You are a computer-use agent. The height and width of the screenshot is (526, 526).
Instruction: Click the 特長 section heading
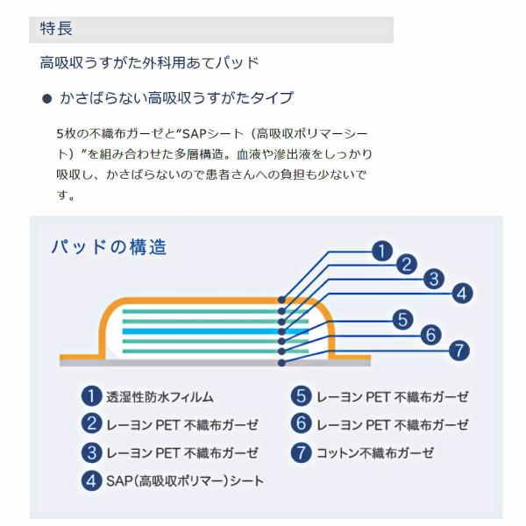pyautogui.click(x=56, y=28)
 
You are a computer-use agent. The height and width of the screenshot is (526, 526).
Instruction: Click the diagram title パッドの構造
pyautogui.click(x=109, y=247)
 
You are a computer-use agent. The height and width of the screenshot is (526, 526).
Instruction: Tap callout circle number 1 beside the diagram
pyautogui.click(x=382, y=251)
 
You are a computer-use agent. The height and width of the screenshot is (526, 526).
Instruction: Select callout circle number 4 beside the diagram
pyautogui.click(x=462, y=294)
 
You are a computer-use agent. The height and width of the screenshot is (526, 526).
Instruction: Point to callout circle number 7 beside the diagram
pyautogui.click(x=458, y=351)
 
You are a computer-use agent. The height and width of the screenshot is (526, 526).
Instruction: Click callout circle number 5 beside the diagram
pyautogui.click(x=402, y=320)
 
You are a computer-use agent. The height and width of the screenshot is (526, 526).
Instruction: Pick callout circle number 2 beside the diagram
pyautogui.click(x=407, y=264)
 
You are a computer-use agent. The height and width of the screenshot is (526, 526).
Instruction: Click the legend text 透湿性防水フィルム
pyautogui.click(x=160, y=397)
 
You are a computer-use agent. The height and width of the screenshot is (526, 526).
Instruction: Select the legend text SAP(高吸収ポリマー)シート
pyautogui.click(x=185, y=481)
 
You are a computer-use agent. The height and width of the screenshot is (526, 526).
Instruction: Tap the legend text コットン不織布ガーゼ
pyautogui.click(x=375, y=453)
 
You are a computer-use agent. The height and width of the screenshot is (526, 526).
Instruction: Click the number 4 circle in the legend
pyautogui.click(x=91, y=481)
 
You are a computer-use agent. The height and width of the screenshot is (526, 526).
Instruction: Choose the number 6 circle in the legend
pyautogui.click(x=302, y=423)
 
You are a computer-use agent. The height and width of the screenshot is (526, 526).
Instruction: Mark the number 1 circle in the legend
pyautogui.click(x=91, y=396)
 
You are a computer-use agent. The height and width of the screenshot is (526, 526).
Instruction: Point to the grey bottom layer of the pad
pyautogui.click(x=215, y=363)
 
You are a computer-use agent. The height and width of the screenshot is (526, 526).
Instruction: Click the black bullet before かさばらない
pyautogui.click(x=46, y=98)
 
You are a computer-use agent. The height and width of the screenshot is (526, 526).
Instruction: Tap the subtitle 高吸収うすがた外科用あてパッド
pyautogui.click(x=149, y=63)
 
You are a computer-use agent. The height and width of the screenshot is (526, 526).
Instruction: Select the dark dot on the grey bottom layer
pyautogui.click(x=281, y=363)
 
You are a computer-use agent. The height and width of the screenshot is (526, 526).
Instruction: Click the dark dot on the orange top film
pyautogui.click(x=281, y=300)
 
